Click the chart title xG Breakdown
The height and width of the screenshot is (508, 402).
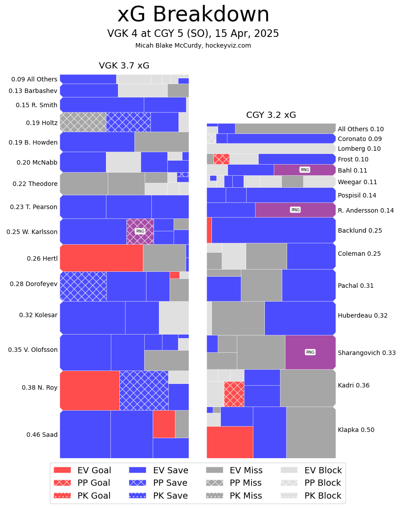click(x=193, y=15)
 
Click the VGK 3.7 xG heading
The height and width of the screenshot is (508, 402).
click(x=124, y=66)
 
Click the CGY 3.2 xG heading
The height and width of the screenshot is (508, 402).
click(x=271, y=115)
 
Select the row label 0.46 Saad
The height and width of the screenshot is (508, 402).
click(x=42, y=435)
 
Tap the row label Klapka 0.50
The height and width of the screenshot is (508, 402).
click(x=356, y=430)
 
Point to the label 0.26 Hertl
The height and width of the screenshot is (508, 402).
click(x=42, y=258)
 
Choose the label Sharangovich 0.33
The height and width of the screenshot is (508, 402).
click(x=366, y=353)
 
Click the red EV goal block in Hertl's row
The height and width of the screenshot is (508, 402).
click(x=101, y=258)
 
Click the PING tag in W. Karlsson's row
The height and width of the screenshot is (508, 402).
click(x=140, y=231)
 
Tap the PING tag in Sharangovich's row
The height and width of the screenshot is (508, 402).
click(x=310, y=352)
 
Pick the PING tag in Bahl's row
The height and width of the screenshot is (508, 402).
click(x=305, y=170)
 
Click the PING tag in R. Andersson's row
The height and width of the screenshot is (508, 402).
click(x=295, y=210)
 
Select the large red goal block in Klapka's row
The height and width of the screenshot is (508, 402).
click(x=230, y=442)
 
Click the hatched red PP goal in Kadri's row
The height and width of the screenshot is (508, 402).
click(x=234, y=394)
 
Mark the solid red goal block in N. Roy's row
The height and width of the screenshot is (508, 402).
click(x=89, y=390)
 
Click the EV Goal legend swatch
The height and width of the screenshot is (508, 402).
click(x=62, y=470)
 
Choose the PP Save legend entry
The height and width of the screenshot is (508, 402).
click(x=158, y=483)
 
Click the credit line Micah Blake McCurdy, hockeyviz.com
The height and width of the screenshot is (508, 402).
click(x=193, y=45)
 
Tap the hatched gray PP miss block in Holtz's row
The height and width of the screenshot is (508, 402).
click(x=83, y=122)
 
